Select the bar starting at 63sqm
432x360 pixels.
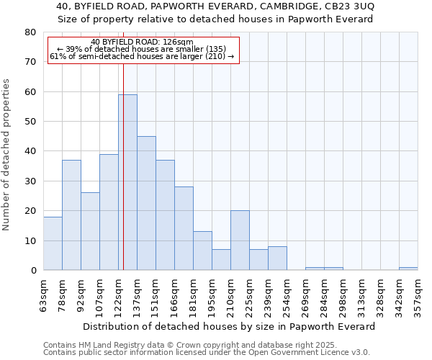53,243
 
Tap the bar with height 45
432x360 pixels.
146,203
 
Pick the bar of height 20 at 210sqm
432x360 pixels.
240,240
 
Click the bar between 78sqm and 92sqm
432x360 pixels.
71,215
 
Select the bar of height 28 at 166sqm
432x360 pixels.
184,228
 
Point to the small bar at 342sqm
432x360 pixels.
408,269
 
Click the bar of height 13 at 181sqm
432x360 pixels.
202,251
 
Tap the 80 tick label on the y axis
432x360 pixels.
30,32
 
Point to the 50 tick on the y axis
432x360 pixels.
30,122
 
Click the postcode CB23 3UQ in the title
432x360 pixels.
348,6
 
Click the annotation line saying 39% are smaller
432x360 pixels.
142,50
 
